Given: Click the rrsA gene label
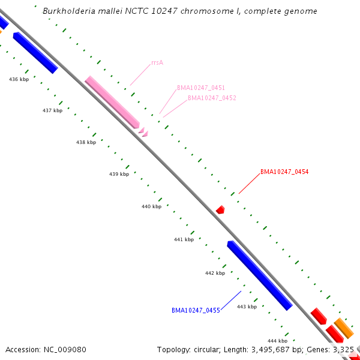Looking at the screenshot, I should click(x=158, y=62).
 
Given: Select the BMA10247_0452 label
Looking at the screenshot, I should click(x=212, y=98).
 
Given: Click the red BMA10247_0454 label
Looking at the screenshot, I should click(x=284, y=172).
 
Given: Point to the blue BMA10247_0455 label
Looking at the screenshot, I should click(x=196, y=310).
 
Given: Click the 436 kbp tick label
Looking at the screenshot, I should click(x=19, y=79).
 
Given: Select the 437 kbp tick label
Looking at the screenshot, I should click(x=53, y=110).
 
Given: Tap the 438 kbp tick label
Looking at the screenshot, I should click(x=86, y=142).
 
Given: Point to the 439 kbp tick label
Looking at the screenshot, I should click(x=119, y=174).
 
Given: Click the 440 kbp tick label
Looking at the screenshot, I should click(x=151, y=206).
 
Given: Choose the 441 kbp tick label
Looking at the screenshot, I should click(x=184, y=239).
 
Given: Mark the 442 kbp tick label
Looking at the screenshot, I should click(x=215, y=273).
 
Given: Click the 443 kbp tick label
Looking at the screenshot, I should click(x=247, y=307).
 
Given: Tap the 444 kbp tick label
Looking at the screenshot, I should click(x=277, y=340).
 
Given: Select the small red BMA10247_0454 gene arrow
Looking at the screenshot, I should click(x=220, y=209).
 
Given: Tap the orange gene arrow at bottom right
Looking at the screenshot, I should click(x=344, y=328).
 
